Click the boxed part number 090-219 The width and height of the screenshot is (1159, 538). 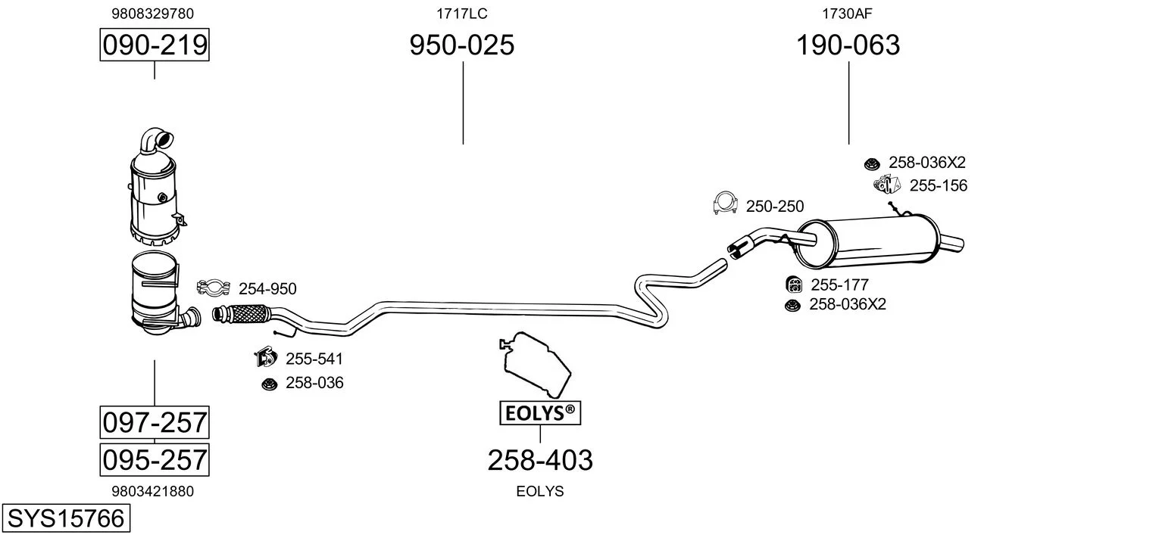coord(155,45)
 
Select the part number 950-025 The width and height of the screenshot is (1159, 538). coord(462,45)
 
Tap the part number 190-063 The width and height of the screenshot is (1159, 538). coord(848,45)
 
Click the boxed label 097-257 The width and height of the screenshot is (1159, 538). coord(155,421)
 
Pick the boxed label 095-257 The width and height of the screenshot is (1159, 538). coord(155,459)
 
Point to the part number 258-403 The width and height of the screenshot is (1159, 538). coord(539,459)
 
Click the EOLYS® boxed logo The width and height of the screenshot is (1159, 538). coord(539,413)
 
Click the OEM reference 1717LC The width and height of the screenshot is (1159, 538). coord(461,14)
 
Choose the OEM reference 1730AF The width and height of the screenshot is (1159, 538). coord(847,14)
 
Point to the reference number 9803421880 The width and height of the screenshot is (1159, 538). coord(152,491)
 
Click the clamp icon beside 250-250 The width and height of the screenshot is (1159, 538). coord(726,204)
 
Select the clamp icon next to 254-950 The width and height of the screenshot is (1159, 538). coord(214,288)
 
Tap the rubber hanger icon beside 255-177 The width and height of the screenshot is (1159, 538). coord(795,285)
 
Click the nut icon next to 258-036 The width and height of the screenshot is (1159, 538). coord(268,384)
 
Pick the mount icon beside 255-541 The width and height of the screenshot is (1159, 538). coord(264,357)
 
